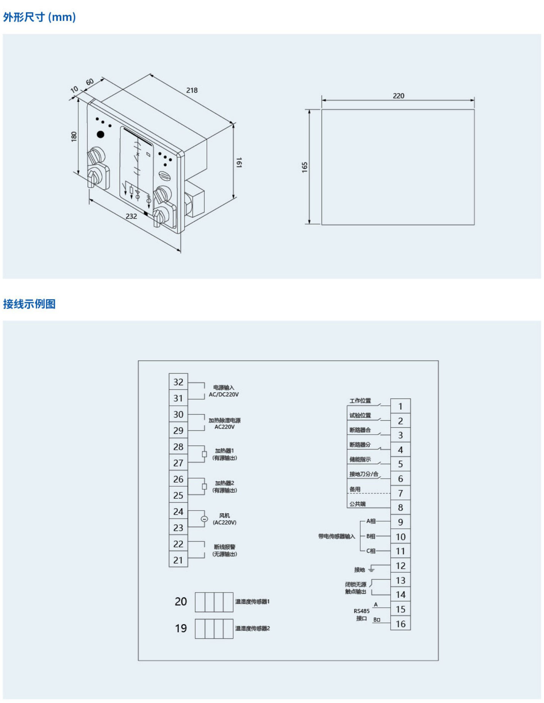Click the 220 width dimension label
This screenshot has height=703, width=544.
tap(398, 96)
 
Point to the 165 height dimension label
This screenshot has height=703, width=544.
tap(304, 167)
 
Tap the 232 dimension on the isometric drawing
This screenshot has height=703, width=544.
tap(131, 216)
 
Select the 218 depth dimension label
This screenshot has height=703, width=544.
tap(192, 90)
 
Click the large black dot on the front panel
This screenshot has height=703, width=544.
tap(101, 134)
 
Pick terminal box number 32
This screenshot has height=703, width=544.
tap(178, 382)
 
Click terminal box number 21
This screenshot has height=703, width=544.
tap(178, 560)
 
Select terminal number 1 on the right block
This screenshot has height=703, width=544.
tap(400, 407)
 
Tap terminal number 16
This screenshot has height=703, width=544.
tap(401, 624)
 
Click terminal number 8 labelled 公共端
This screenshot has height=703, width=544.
tap(400, 508)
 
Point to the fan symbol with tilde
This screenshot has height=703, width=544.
tap(204, 519)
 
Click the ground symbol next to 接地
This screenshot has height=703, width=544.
tap(372, 569)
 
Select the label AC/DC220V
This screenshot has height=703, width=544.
tap(224, 394)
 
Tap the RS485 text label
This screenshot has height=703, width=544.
tap(361, 611)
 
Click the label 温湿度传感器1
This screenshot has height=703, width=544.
tap(252, 602)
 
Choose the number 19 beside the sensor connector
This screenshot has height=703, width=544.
tap(181, 628)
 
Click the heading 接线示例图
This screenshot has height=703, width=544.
tap(29, 304)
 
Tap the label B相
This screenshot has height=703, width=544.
tap(371, 536)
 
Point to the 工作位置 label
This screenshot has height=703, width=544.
tap(360, 401)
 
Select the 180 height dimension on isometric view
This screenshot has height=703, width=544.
tap(74, 137)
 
